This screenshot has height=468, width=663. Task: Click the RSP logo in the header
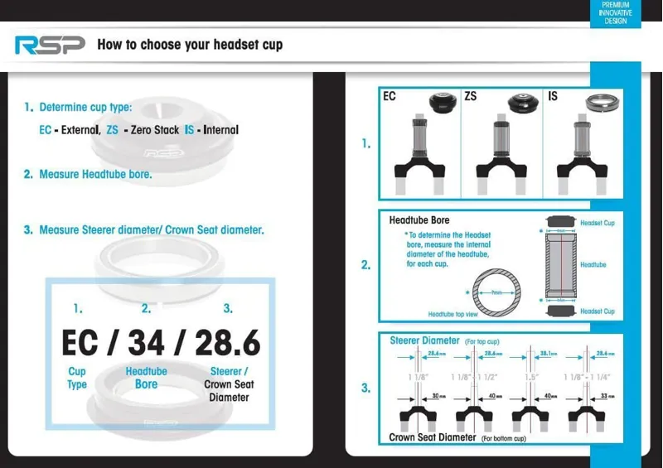(x=49, y=45)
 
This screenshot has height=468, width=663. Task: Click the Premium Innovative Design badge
(x=615, y=13)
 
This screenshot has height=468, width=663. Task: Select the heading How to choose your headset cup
(x=190, y=44)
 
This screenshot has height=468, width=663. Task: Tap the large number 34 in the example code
(x=147, y=343)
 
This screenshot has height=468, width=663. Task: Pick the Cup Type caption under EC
(x=77, y=378)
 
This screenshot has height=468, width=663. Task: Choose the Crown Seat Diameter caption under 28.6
(x=229, y=384)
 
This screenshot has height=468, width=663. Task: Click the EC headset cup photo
(x=440, y=104)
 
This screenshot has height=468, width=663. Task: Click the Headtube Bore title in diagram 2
(x=419, y=220)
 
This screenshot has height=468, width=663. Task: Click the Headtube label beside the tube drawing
(x=593, y=265)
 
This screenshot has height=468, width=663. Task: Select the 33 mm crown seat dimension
(x=607, y=397)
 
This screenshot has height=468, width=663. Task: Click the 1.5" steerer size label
(x=531, y=377)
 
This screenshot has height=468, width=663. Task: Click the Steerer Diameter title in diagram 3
(x=424, y=340)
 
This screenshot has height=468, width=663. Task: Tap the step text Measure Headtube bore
(x=95, y=175)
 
